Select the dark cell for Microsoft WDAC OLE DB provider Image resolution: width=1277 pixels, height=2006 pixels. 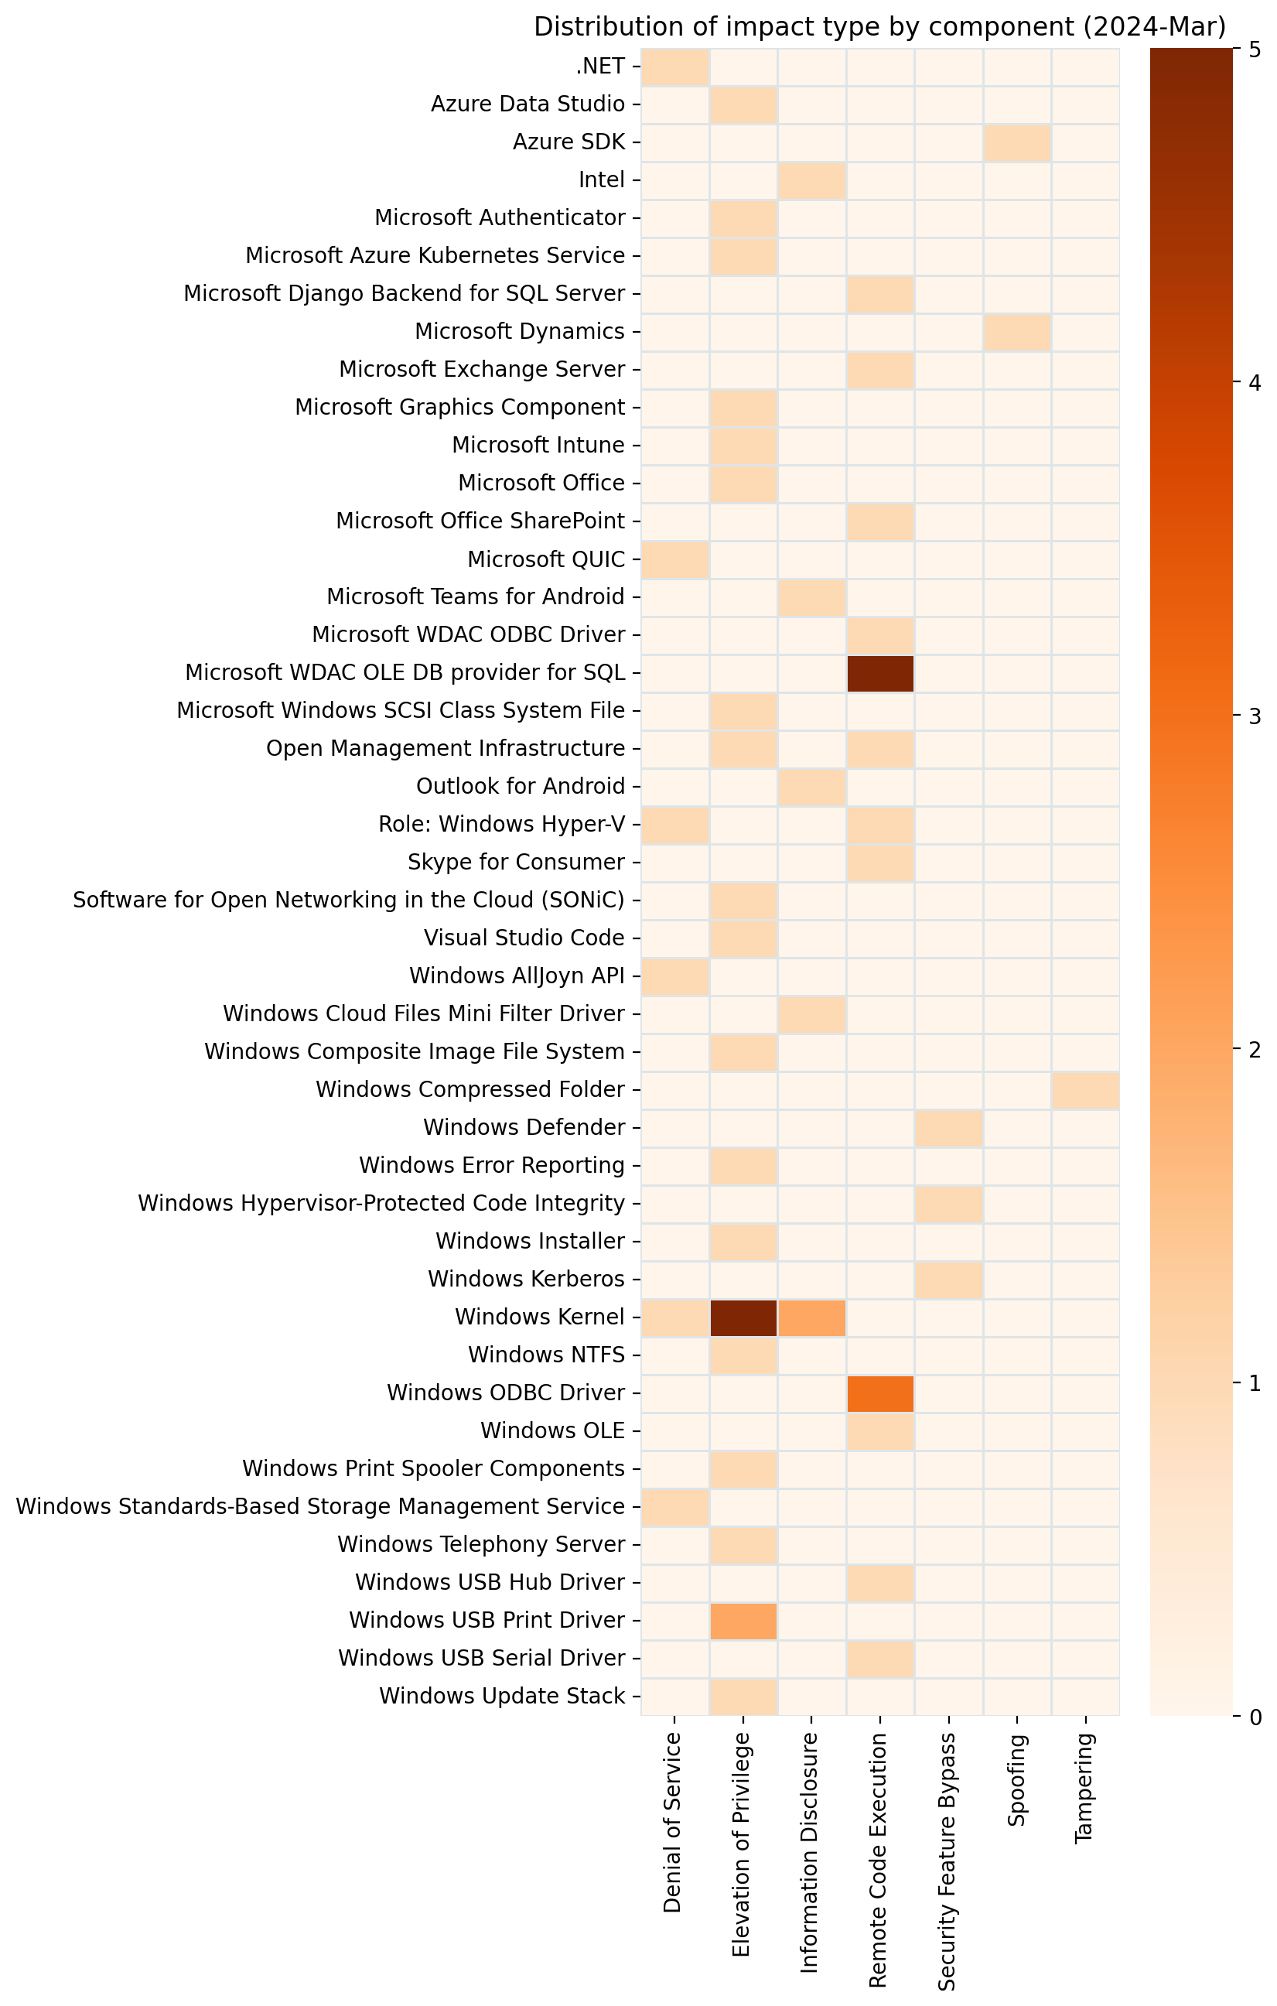879,673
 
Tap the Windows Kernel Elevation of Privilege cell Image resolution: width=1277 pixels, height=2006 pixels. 743,1317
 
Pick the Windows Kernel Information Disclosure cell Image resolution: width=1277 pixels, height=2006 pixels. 811,1317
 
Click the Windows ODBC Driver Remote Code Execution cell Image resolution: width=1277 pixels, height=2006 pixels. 879,1393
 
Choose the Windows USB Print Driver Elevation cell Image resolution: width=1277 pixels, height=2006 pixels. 743,1620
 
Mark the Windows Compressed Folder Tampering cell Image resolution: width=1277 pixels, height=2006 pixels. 1084,1089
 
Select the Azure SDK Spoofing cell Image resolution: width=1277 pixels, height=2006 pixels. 1016,142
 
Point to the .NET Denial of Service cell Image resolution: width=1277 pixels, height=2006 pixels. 674,67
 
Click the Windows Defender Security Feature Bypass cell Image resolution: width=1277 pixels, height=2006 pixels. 948,1128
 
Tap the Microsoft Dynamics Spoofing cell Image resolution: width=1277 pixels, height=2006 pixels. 1016,332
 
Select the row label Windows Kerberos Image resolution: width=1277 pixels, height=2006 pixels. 526,1279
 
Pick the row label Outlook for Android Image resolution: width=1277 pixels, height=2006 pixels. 520,787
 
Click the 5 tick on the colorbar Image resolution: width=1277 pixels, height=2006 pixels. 1255,50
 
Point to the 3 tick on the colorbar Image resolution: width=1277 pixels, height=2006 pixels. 1255,716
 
